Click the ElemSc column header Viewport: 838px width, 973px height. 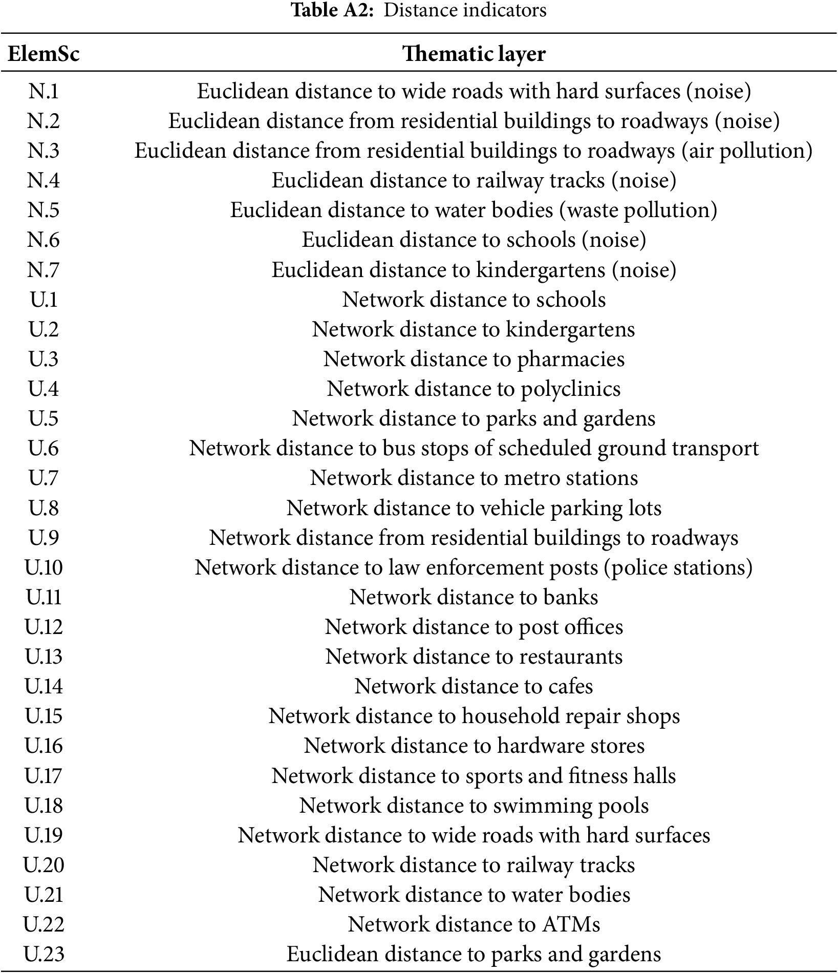(x=44, y=54)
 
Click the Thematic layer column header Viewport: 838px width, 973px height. (x=474, y=54)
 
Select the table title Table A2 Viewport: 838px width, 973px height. (x=419, y=10)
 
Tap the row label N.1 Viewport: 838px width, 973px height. (x=44, y=91)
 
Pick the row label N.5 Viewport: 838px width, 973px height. (x=44, y=210)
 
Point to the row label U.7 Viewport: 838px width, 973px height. (x=44, y=478)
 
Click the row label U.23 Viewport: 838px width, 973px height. (x=44, y=954)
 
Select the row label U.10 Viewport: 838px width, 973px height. (x=44, y=567)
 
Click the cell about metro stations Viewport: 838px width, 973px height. (x=474, y=478)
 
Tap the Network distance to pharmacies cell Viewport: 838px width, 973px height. (x=474, y=359)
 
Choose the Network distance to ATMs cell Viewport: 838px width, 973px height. (x=474, y=924)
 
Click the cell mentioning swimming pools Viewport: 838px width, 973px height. (x=474, y=806)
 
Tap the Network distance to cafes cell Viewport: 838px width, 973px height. (x=474, y=686)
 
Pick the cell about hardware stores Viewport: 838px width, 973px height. (x=474, y=746)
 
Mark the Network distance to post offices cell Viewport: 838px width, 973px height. (x=474, y=627)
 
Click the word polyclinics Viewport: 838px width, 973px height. (x=570, y=389)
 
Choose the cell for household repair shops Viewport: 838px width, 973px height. (x=474, y=716)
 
